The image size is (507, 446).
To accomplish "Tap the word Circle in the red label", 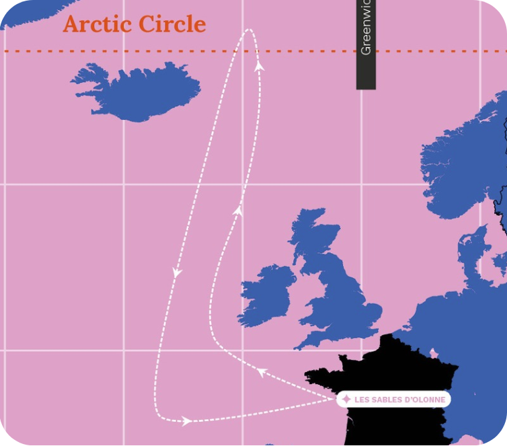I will pyautogui.click(x=172, y=24).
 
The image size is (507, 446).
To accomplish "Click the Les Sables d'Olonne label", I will pyautogui.click(x=393, y=399).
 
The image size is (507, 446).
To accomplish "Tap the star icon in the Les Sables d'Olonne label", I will pyautogui.click(x=346, y=399).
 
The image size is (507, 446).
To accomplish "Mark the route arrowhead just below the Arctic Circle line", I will pyautogui.click(x=260, y=65).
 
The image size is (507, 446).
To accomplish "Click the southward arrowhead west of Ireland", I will pyautogui.click(x=177, y=272).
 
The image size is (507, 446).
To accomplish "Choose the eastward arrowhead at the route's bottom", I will pyautogui.click(x=186, y=421).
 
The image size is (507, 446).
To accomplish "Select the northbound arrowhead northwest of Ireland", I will pyautogui.click(x=237, y=211).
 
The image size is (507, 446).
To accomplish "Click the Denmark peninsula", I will pyautogui.click(x=474, y=246).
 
